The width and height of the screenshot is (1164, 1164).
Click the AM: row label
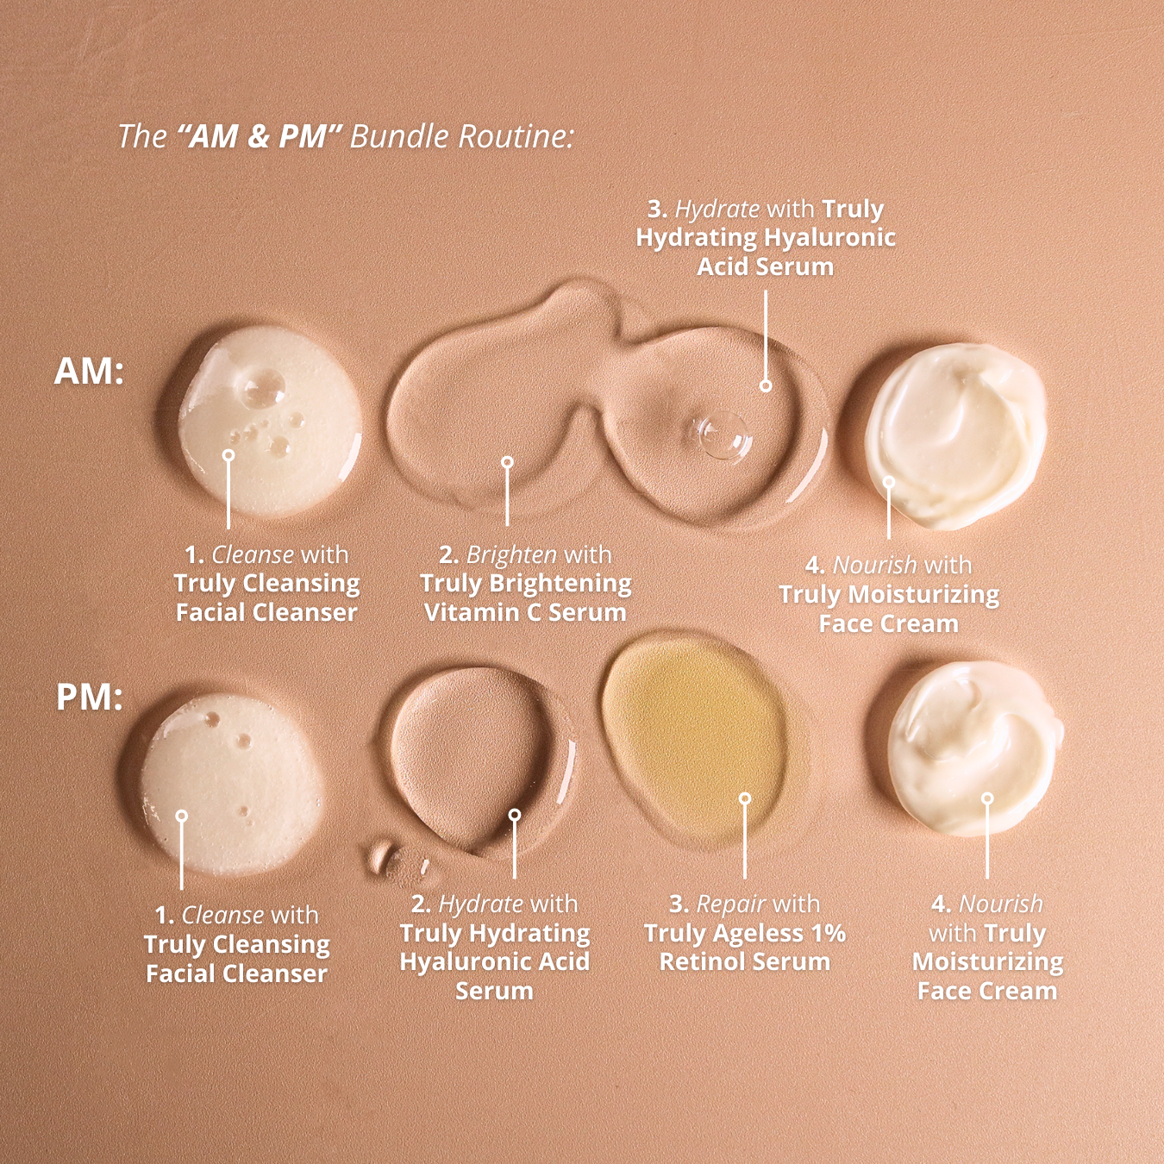(x=89, y=372)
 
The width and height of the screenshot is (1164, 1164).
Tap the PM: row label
(x=90, y=698)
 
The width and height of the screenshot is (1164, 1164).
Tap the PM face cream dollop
(x=975, y=747)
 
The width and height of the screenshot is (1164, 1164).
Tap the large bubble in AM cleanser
(x=262, y=389)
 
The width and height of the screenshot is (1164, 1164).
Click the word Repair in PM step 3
(x=731, y=904)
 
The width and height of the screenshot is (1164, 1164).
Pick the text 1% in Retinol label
(x=829, y=933)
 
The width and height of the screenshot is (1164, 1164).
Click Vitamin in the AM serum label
(x=472, y=612)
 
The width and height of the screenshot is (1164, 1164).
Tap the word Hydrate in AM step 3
(x=717, y=209)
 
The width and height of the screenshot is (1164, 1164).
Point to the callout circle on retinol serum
(x=745, y=798)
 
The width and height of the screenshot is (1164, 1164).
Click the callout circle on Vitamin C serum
(x=507, y=463)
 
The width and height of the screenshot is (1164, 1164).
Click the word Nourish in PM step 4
(x=1000, y=904)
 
